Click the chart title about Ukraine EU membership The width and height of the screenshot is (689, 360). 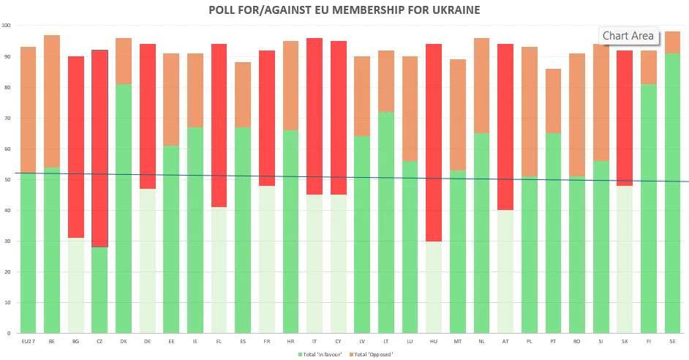[x=344, y=10]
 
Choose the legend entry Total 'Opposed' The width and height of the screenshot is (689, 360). [x=373, y=354]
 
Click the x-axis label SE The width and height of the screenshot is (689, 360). [x=673, y=341]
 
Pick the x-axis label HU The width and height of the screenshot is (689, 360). [x=434, y=341]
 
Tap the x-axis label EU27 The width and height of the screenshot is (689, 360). [x=28, y=341]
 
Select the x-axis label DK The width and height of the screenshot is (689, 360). [x=124, y=341]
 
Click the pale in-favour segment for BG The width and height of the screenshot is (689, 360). [x=76, y=285]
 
